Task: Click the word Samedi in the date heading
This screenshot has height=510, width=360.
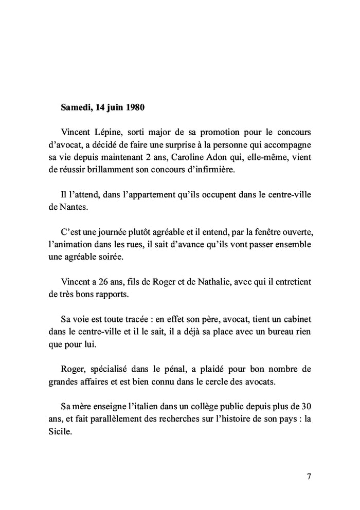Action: [x=75, y=108]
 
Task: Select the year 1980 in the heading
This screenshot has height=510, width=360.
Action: [x=134, y=108]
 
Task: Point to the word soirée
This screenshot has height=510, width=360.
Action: [x=117, y=257]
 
